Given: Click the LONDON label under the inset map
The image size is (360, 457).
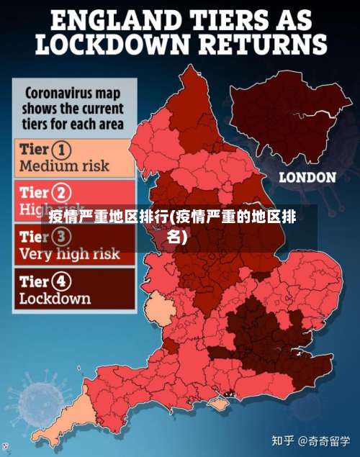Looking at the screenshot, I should click(307, 177).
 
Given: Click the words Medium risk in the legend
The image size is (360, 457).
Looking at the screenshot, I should click(64, 166).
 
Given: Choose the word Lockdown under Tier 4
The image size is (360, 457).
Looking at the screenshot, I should click(55, 298).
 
